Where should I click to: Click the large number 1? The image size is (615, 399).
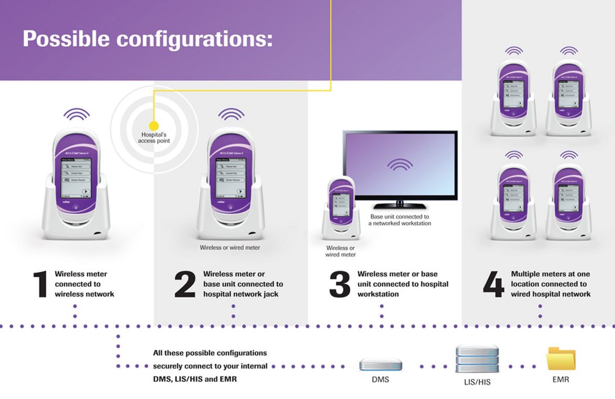[40, 285]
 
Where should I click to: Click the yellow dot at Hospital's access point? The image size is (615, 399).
[154, 126]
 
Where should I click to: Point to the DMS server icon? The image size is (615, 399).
[381, 365]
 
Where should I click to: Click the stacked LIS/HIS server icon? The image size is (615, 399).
[477, 359]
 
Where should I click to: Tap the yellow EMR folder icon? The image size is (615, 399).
[560, 360]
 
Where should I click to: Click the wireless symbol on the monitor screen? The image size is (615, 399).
[400, 164]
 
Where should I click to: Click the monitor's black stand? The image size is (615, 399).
[400, 204]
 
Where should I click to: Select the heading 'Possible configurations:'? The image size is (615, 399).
[147, 39]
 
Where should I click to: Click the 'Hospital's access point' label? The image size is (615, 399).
[154, 138]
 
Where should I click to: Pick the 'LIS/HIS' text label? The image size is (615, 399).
[477, 382]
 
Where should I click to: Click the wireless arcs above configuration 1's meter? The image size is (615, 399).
[77, 114]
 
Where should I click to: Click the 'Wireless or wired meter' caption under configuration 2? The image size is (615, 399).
[230, 247]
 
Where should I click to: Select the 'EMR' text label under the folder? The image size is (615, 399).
[560, 379]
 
